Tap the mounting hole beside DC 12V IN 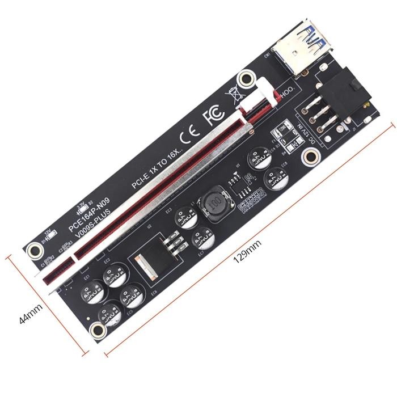(310, 157)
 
